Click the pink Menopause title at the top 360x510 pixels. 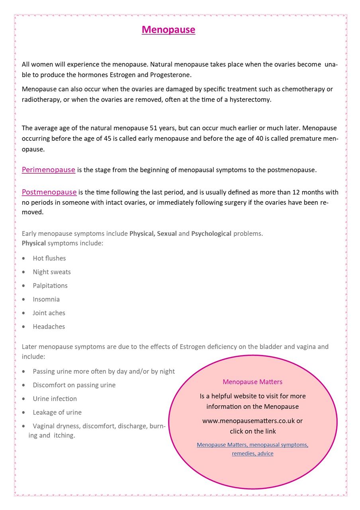click(168, 30)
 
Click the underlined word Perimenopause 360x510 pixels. click(48, 170)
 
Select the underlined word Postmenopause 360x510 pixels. click(49, 192)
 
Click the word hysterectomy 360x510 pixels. click(250, 100)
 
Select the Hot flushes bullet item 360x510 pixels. click(49, 258)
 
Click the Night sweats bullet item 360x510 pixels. click(52, 272)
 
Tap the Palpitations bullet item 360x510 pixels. click(50, 286)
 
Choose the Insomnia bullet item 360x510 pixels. click(46, 299)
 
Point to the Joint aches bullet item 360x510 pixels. click(49, 313)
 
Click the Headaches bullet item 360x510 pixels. click(49, 327)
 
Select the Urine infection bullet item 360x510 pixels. click(55, 398)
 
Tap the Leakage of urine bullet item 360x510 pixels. click(57, 412)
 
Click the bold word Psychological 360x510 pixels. click(211, 233)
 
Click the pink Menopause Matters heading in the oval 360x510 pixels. click(252, 382)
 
